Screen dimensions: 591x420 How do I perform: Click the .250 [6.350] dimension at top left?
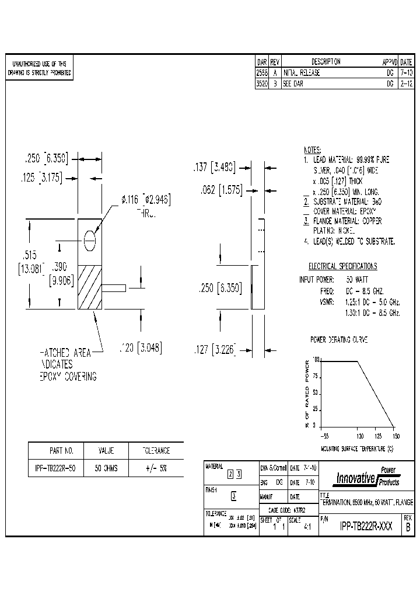point(46,158)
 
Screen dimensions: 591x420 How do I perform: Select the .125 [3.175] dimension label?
point(46,177)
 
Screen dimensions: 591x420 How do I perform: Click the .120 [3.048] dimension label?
point(139,348)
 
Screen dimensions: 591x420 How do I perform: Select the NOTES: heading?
point(313,150)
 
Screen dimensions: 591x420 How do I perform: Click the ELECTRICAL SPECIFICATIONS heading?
point(342,266)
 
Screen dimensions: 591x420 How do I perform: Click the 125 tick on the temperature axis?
point(377,436)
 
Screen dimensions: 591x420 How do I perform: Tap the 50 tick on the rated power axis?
point(316,393)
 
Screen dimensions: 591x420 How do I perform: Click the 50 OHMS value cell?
point(106,468)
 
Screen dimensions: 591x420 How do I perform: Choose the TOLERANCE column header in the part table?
point(156,451)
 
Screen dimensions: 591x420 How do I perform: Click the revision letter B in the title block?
point(408,526)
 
